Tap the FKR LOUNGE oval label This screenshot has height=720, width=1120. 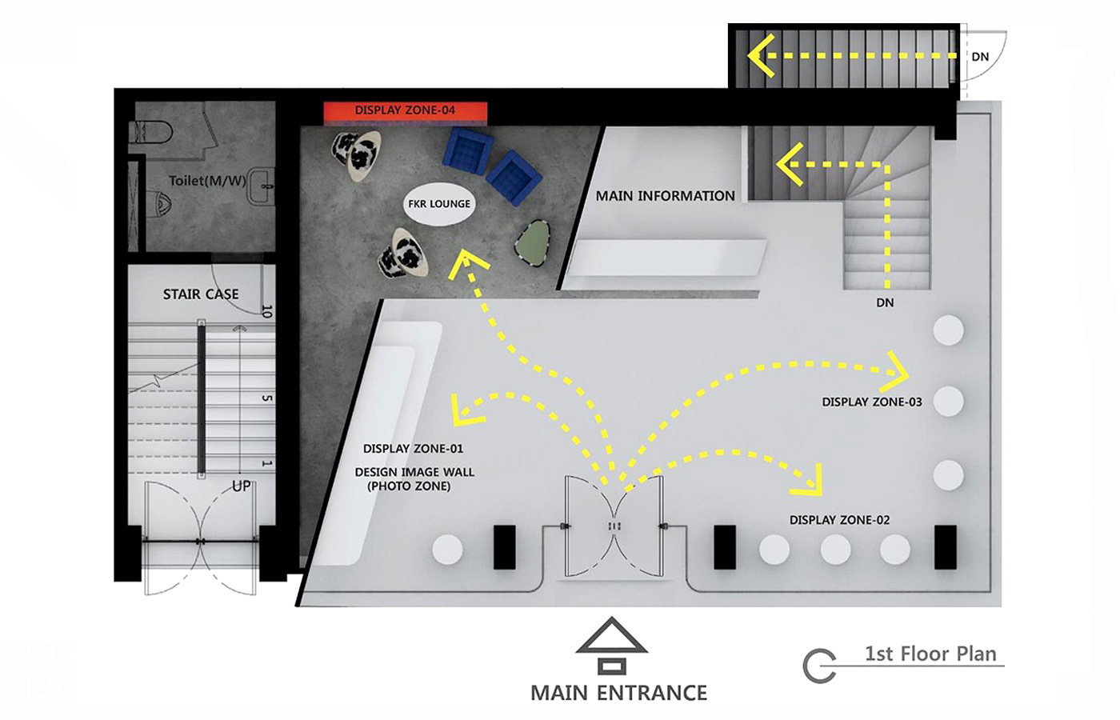click(x=439, y=204)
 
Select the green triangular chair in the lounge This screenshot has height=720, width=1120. click(x=533, y=243)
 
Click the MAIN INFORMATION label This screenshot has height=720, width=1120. click(x=665, y=196)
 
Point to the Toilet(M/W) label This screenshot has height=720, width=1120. click(x=207, y=181)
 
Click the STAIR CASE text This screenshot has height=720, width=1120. click(x=201, y=294)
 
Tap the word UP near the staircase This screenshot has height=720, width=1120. click(x=241, y=486)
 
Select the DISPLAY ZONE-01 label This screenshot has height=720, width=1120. click(x=413, y=449)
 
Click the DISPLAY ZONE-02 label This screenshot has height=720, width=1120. click(x=839, y=520)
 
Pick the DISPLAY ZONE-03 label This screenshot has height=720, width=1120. click(x=872, y=402)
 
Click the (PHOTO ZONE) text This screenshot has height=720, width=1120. click(x=409, y=486)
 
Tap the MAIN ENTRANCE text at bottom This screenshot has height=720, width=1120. click(x=618, y=693)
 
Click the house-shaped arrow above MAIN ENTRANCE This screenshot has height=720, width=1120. click(x=611, y=646)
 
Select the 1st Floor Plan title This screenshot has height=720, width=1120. click(x=930, y=654)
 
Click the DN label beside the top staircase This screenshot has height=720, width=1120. click(x=980, y=57)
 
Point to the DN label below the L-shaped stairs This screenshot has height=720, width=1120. click(x=885, y=302)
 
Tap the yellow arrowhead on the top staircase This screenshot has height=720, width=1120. click(x=762, y=55)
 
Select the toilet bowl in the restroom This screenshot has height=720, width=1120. click(x=151, y=133)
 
